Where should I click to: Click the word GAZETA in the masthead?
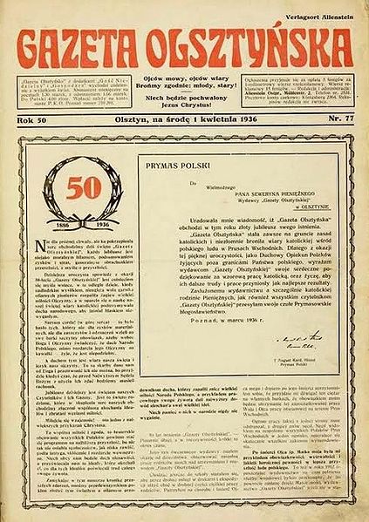(x=92, y=44)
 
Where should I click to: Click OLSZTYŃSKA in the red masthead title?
(x=245, y=44)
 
